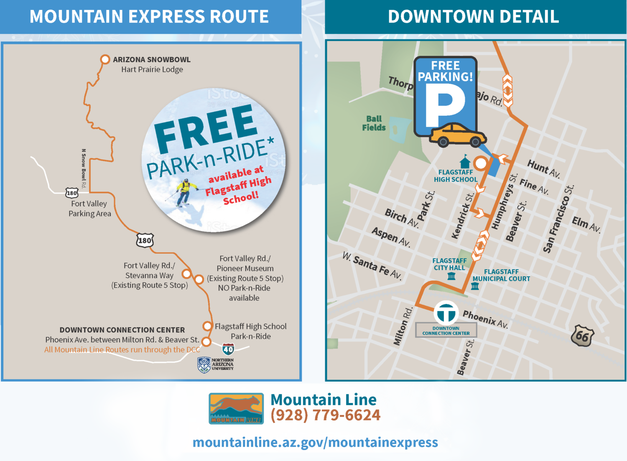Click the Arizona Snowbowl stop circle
click(105, 59)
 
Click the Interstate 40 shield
click(228, 349)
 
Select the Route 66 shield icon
click(582, 335)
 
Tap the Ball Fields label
click(374, 123)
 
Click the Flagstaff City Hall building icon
click(451, 276)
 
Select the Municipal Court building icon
click(475, 286)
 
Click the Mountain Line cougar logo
click(236, 408)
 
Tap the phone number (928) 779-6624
click(326, 415)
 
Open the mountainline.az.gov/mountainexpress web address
click(315, 442)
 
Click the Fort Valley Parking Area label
click(89, 209)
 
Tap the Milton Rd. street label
click(403, 326)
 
